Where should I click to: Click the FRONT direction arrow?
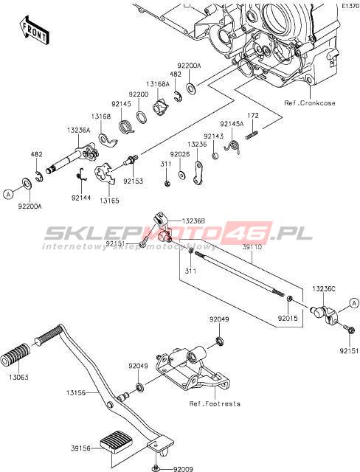tap(33, 30)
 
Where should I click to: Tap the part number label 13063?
tap(18, 377)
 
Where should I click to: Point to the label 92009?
tap(183, 469)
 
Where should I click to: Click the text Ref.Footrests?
tap(215, 403)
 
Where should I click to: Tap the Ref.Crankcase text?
tap(310, 103)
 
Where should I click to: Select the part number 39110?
tap(252, 247)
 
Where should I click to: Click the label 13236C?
tap(324, 288)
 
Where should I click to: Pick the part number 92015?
tap(288, 318)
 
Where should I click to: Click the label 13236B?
tap(193, 221)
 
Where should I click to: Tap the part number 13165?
tap(110, 201)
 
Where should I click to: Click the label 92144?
tap(81, 198)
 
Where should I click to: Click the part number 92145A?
tap(232, 124)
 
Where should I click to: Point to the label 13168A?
tap(159, 84)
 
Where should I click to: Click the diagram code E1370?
tap(350, 6)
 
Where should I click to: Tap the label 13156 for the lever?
tap(76, 393)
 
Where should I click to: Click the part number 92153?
tap(134, 181)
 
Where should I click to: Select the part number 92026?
tap(180, 154)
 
